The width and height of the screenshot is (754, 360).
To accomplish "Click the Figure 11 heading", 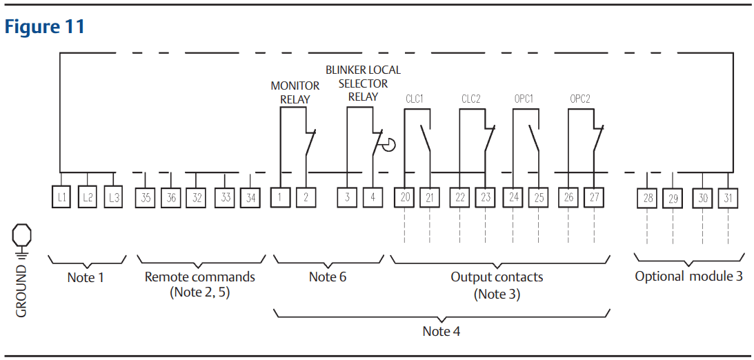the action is coord(45,26).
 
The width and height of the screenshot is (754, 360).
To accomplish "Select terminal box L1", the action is coord(61,197).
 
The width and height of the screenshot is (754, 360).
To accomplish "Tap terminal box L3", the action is coord(113,197).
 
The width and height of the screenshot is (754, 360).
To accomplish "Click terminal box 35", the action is coord(146,197).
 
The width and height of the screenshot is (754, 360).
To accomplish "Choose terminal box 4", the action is coord(373,197).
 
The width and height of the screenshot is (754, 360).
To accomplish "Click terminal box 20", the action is coord(404,197).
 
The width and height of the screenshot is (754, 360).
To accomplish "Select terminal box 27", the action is coord(595,197).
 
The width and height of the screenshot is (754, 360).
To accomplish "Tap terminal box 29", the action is coord(672,198).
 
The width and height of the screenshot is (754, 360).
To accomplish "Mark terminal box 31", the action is coord(728,197).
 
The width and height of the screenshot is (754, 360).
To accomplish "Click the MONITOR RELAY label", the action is coord(295,93).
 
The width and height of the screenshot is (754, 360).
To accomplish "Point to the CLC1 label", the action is coord(415,99).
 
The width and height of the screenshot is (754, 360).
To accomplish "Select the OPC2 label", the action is coord(580,99).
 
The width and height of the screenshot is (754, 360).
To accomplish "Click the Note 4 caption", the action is coord(442,332).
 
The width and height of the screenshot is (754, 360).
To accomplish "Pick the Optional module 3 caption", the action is coord(688,277).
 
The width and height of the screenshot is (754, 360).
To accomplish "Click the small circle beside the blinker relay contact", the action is coord(388,144).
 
